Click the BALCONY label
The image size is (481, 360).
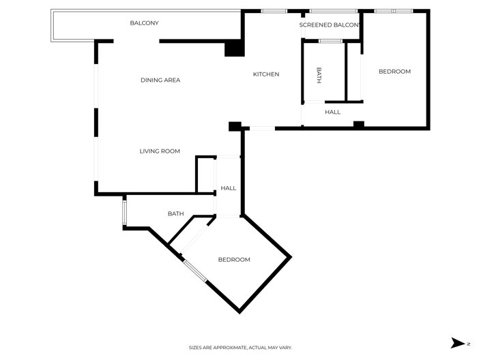[x=144, y=23]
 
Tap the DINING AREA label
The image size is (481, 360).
[x=160, y=80]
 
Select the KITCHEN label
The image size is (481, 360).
[x=266, y=74]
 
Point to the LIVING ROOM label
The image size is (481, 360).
[x=160, y=151]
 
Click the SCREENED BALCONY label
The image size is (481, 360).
[x=330, y=25]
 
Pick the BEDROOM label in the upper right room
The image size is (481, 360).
[x=394, y=72]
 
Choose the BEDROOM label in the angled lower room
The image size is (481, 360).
[x=234, y=260]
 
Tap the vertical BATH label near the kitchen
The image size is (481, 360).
[x=319, y=75]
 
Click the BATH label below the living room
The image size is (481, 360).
[x=175, y=214]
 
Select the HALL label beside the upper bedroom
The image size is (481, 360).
[x=332, y=112]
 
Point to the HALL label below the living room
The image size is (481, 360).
[x=229, y=188]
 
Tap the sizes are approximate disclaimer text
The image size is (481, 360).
[x=240, y=348]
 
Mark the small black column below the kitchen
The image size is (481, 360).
[x=235, y=126]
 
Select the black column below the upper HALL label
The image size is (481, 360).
[x=358, y=124]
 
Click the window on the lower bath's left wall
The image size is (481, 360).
[x=123, y=211]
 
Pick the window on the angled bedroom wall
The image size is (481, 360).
[x=194, y=269]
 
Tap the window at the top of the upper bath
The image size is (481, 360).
[x=331, y=42]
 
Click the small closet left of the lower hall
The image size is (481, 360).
[x=206, y=175]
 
